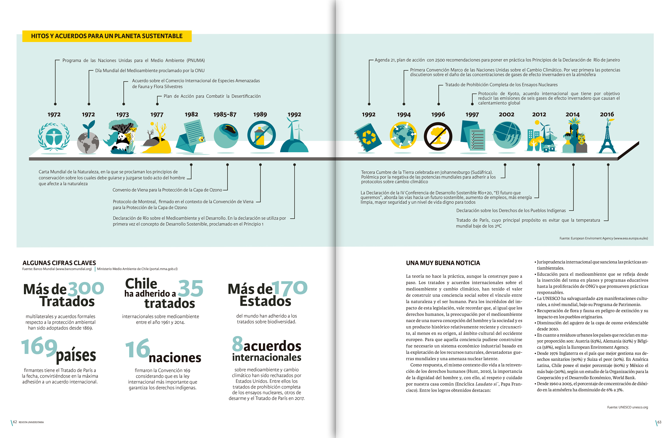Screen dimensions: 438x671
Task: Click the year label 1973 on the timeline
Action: pyautogui.click(x=122, y=115)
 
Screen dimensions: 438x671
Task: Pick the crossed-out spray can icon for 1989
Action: pyautogui.click(x=261, y=135)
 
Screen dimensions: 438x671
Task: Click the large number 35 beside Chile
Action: pyautogui.click(x=191, y=288)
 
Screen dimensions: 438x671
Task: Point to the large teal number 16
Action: pyautogui.click(x=137, y=349)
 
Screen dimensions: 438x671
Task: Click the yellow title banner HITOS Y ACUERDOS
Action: pyautogui.click(x=107, y=36)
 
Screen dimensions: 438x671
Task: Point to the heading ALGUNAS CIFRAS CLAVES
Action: pyautogui.click(x=59, y=263)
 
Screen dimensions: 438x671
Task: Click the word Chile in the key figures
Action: pyautogui.click(x=141, y=283)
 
